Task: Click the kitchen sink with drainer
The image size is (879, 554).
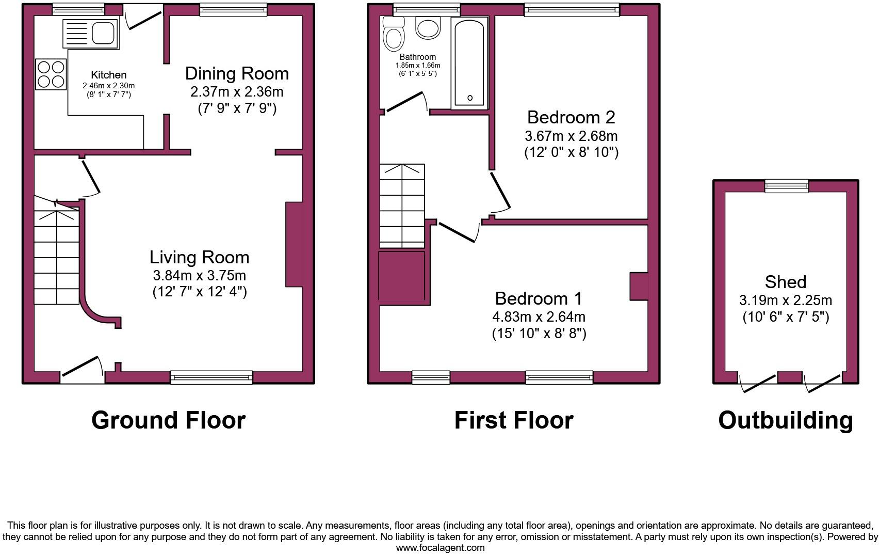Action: coord(91,34)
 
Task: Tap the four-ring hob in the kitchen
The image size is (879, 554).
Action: coord(51,74)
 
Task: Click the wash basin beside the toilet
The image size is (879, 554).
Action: coord(428,28)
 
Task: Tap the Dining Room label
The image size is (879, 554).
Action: coord(237,73)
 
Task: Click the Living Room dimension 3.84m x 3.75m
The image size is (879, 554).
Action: coord(199,275)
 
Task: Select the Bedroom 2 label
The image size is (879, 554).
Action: coord(571,117)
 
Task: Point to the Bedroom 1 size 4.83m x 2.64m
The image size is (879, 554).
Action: coord(539,316)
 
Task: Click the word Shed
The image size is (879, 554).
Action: coord(785,281)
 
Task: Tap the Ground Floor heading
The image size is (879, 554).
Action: coord(168,420)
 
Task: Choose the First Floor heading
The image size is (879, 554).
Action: coord(513,420)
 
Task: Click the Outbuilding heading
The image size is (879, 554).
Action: coord(785,420)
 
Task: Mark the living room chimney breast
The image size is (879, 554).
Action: coord(294,244)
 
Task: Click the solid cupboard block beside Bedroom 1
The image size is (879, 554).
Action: coord(402,276)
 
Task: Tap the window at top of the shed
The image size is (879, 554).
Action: coord(786,186)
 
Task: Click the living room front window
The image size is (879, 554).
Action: coord(211,377)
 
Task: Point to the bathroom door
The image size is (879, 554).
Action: coord(405,102)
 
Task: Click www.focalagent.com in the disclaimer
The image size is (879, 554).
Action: coord(440,548)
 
